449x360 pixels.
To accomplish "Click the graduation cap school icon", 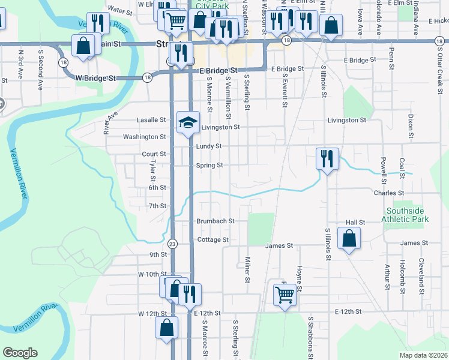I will (x=188, y=122).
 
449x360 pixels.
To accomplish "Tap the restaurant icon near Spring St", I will (x=327, y=158).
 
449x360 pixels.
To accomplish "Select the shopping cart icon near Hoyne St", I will (x=284, y=294).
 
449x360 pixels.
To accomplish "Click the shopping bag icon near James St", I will (x=349, y=238).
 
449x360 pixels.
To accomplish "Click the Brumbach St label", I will (x=215, y=221).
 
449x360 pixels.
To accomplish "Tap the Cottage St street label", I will (x=213, y=239).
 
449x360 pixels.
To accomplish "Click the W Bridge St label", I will (x=95, y=78).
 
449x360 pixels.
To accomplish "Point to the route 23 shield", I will (x=173, y=244).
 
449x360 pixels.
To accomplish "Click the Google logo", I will (x=20, y=352).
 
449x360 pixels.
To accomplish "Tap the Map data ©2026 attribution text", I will (x=424, y=355).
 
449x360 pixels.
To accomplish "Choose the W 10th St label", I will (x=151, y=274).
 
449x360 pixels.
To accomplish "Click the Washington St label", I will (x=145, y=137).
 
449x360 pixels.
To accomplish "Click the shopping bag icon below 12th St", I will (x=166, y=328).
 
